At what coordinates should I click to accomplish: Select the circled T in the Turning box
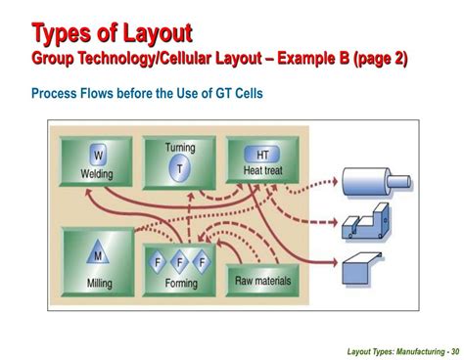click(x=180, y=168)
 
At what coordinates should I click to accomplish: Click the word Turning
click(x=180, y=149)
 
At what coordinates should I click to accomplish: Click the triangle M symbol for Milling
click(x=98, y=257)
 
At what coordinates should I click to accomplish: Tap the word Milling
click(x=98, y=282)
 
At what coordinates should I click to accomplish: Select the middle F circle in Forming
click(x=180, y=263)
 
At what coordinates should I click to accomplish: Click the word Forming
click(x=180, y=284)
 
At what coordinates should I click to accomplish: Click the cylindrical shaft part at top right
click(x=367, y=183)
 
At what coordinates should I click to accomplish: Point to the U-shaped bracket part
click(x=365, y=226)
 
